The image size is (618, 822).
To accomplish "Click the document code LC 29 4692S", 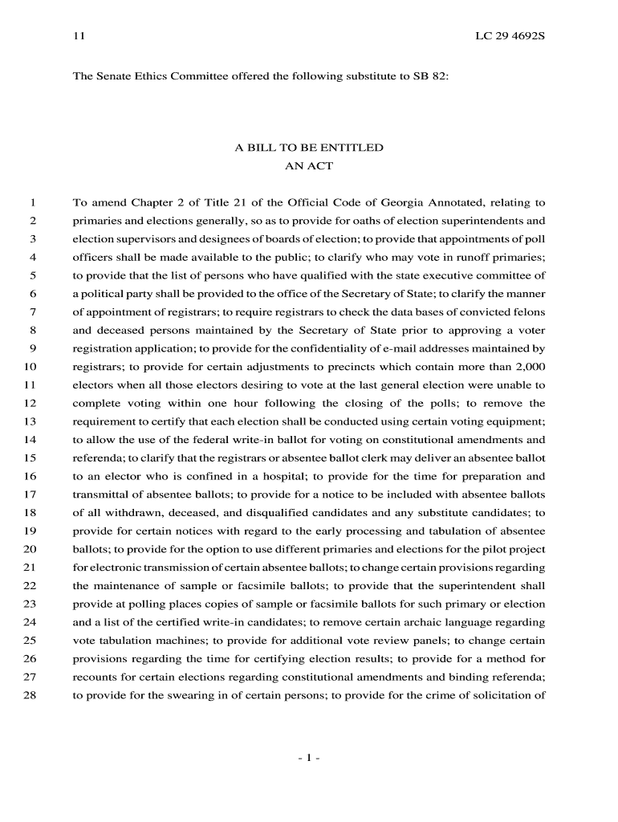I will tap(510, 37).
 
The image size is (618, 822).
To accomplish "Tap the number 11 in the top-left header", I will tap(79, 37).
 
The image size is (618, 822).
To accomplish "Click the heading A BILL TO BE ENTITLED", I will tap(309, 149).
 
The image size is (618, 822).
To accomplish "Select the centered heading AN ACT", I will tap(309, 167).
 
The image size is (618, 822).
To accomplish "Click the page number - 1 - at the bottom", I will tap(309, 758).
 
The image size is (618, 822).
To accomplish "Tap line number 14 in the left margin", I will tap(30, 440).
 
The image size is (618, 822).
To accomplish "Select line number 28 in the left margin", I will tap(30, 696).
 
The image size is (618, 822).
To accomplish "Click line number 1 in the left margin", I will tap(34, 202).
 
